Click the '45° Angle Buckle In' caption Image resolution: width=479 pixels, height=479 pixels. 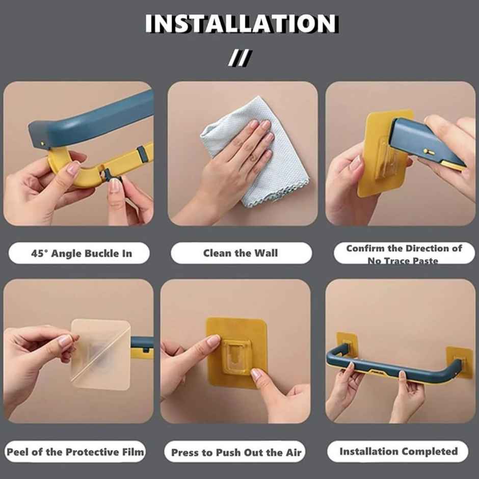[82, 253]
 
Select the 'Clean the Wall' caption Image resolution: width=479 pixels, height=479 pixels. [241, 253]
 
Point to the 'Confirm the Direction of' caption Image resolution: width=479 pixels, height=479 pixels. [404, 249]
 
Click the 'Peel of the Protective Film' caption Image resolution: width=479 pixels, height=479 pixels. [75, 451]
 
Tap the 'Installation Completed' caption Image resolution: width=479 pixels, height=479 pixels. [398, 451]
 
